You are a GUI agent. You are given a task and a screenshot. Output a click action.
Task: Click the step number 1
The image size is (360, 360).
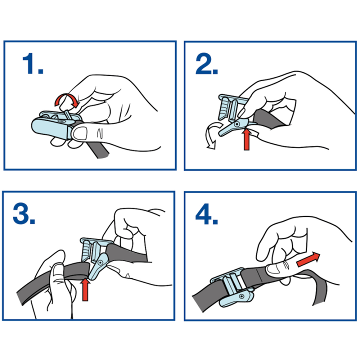[33, 63]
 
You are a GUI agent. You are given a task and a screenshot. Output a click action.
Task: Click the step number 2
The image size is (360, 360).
[206, 63]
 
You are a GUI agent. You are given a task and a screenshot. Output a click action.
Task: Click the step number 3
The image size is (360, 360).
[24, 213]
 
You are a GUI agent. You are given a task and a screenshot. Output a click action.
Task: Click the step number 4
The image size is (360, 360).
[206, 214]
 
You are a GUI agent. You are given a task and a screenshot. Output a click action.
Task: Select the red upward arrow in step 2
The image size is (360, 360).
[246, 139]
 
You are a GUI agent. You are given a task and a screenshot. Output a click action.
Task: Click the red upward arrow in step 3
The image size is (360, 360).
[85, 289]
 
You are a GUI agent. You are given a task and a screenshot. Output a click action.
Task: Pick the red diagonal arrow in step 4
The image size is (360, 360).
[308, 259]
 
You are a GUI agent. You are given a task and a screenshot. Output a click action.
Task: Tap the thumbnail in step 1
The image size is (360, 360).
[79, 133]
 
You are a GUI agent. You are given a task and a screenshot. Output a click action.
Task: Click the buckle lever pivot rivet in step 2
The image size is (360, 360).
[237, 124]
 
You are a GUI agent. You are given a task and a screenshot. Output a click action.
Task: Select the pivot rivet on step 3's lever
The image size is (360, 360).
[100, 262]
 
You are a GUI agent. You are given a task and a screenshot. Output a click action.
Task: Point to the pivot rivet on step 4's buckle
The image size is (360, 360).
[241, 296]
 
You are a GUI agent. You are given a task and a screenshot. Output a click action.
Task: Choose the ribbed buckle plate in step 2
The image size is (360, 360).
[224, 108]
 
